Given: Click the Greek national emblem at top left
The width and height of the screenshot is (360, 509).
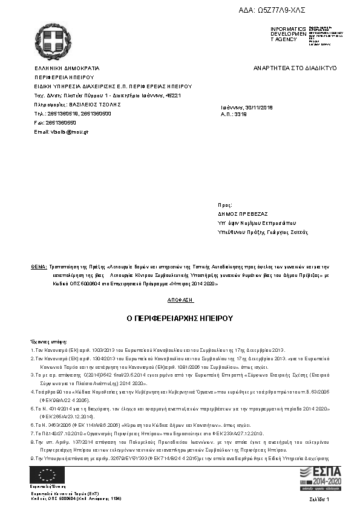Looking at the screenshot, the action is pos(53,39).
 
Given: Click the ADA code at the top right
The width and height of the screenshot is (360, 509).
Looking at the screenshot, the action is pos(289,10).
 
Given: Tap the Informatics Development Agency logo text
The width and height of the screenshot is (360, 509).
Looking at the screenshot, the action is pos(284,34).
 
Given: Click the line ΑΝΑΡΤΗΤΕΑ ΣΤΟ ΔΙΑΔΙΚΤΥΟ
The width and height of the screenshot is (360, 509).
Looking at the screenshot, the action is pos(295,68).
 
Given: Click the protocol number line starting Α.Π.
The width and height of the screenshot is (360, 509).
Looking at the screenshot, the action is pos(232,114).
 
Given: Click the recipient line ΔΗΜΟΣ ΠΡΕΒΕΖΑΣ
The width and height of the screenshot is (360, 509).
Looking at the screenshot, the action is pos(243,214).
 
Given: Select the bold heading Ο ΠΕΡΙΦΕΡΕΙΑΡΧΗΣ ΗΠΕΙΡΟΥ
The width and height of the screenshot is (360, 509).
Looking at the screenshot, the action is pos(180,318).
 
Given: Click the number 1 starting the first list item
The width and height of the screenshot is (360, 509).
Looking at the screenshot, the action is pos(32,350).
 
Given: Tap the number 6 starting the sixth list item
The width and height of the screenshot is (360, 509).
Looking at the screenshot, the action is pos(32,426).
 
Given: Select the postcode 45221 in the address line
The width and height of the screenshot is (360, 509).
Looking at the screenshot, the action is pos(173,96).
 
